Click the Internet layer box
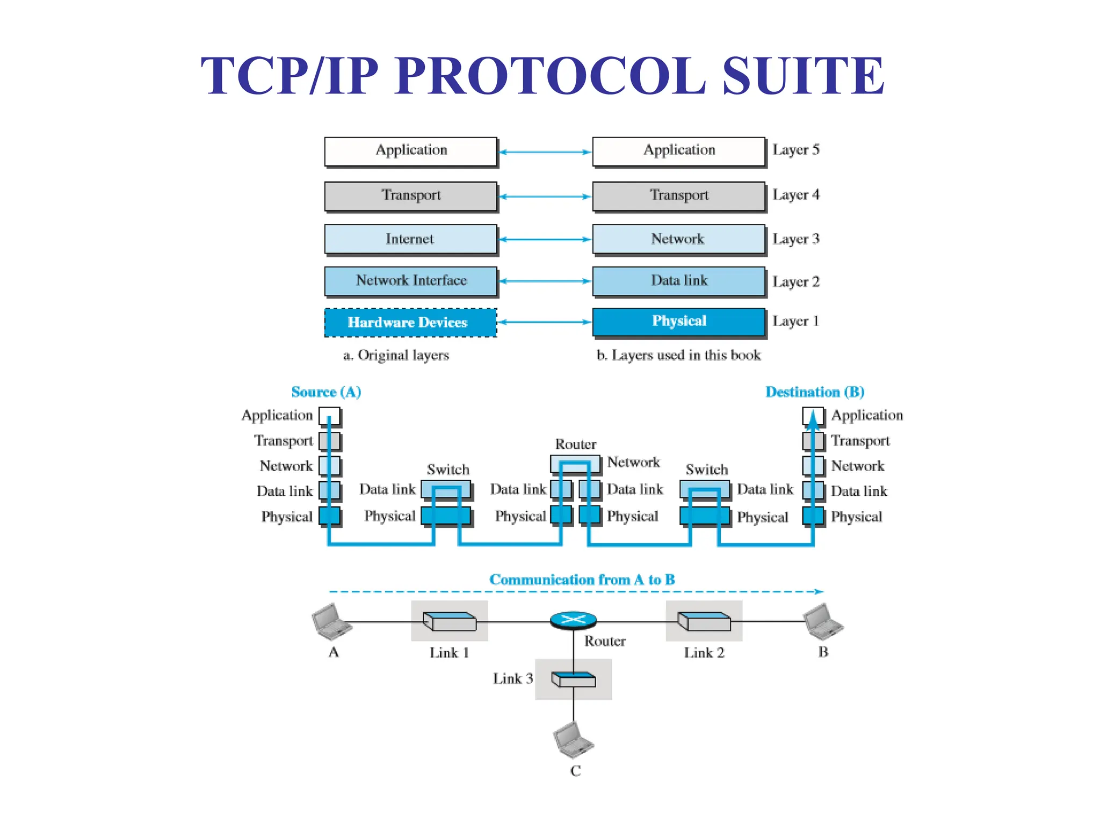[410, 239]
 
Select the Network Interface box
[410, 281]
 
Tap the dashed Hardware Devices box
[410, 322]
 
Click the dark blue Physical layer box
[678, 321]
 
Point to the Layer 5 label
[795, 150]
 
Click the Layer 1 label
[795, 321]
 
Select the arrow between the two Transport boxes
[545, 197]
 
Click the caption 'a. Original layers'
[396, 355]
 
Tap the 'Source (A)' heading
[326, 392]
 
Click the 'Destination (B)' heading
[814, 392]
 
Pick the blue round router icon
[573, 620]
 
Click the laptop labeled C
[573, 740]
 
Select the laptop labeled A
[331, 622]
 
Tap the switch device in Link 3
[573, 679]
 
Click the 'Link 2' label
[704, 653]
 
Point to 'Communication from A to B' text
[582, 580]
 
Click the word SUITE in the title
[802, 76]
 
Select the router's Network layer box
[575, 464]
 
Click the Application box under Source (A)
[329, 415]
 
